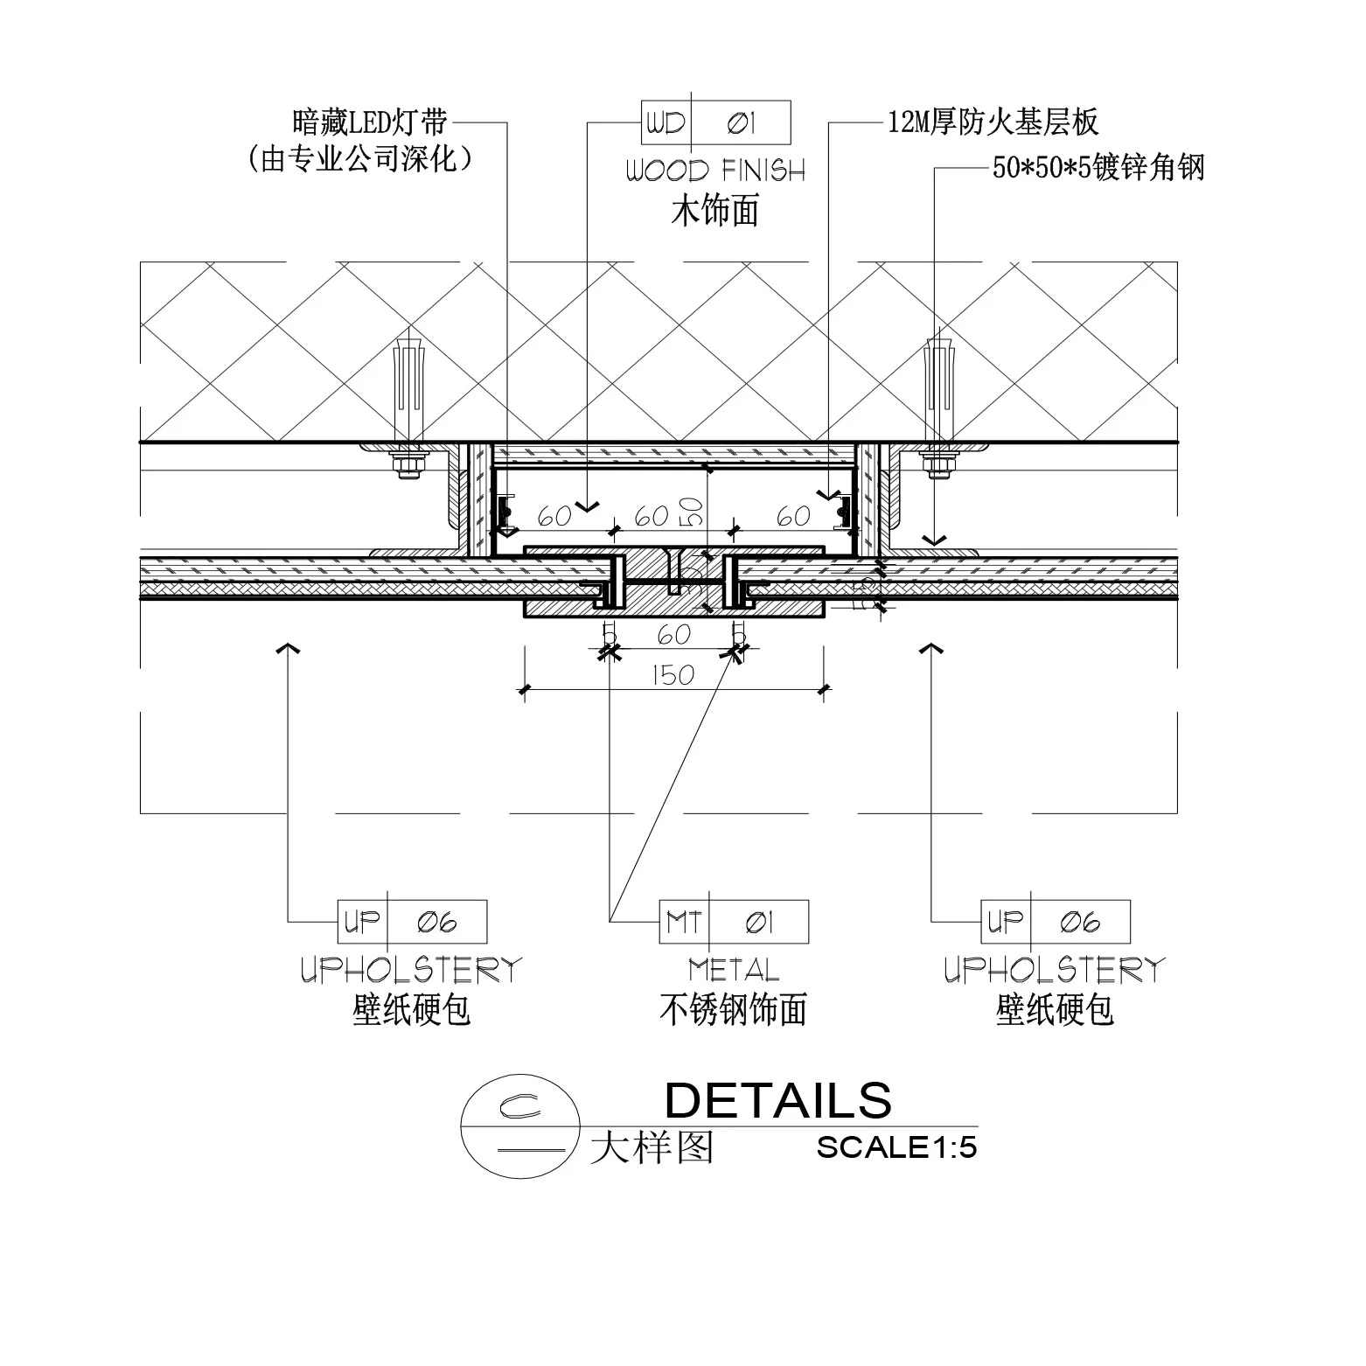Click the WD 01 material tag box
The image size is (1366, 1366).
716,123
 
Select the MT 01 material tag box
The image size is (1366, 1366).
734,922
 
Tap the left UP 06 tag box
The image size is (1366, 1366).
412,922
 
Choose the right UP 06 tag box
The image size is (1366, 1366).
1056,922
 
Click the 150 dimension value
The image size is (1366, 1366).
673,675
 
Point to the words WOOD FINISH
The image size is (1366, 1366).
715,171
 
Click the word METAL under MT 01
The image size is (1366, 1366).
733,969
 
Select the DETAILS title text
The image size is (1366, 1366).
778,1100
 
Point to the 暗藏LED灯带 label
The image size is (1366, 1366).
371,122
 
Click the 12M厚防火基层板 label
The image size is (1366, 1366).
993,122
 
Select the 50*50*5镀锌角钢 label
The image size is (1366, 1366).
1098,167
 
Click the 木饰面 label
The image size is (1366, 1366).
715,211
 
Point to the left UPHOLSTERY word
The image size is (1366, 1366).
412,970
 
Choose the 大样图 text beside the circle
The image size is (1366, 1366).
652,1147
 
